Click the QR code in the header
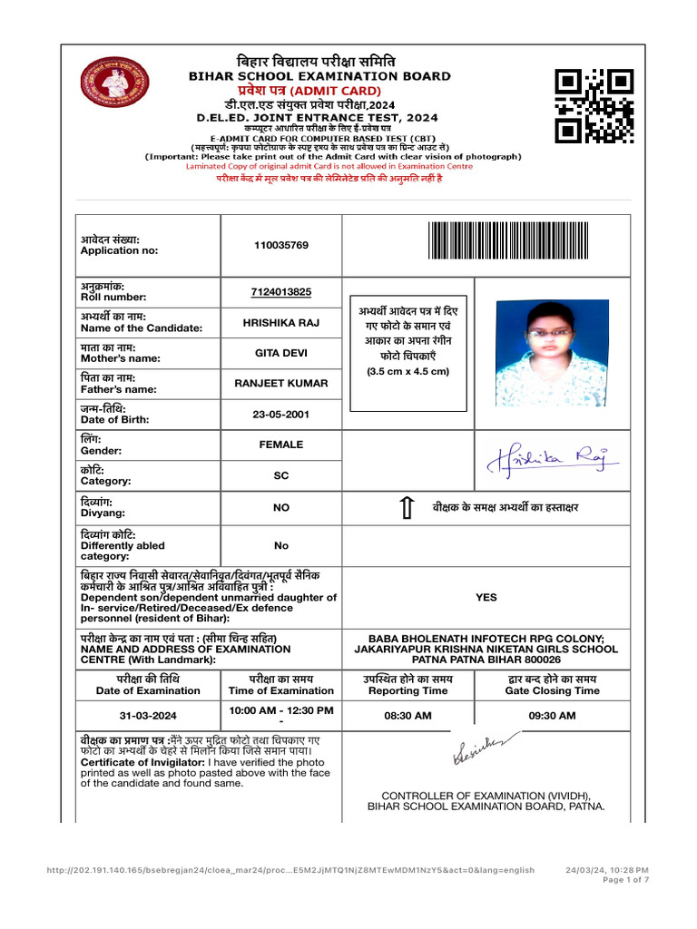[594, 105]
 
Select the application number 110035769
[281, 245]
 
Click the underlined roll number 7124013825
[281, 291]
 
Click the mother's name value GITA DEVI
[281, 353]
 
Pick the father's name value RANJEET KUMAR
[281, 384]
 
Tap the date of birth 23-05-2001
[281, 415]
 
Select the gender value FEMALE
[281, 445]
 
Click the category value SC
[281, 475]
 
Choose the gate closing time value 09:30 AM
[552, 716]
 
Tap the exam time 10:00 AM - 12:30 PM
[281, 709]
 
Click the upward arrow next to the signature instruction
[407, 508]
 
